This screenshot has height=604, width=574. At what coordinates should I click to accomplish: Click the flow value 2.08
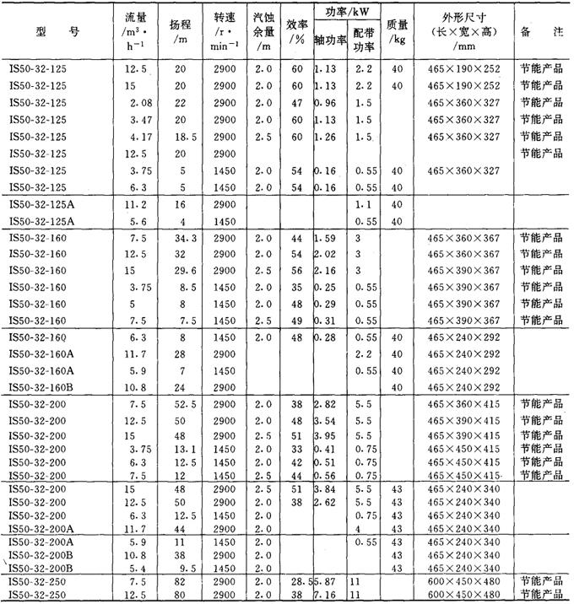(130, 102)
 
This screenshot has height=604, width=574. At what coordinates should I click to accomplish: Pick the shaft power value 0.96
(326, 102)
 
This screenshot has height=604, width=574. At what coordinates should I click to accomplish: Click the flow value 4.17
(130, 135)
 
